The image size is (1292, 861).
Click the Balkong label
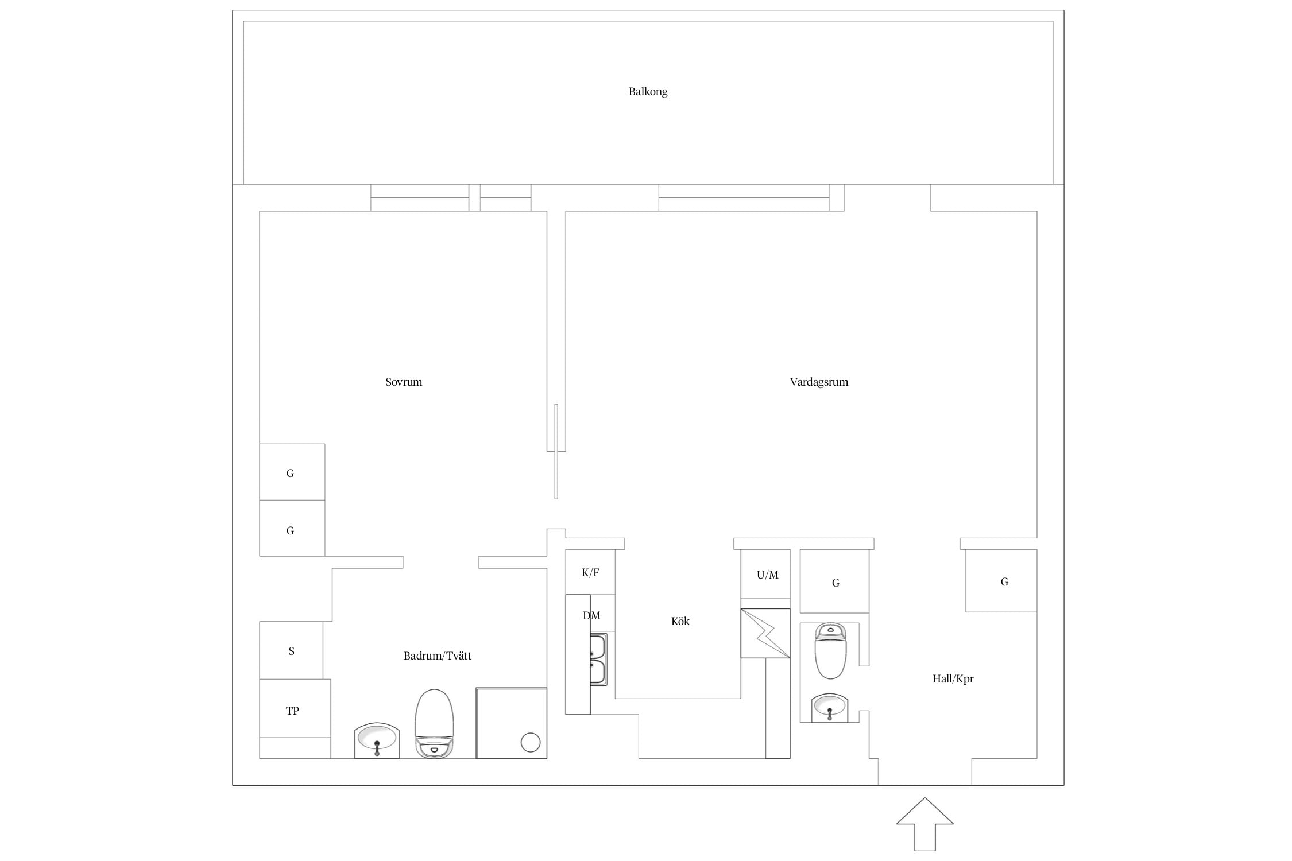648,91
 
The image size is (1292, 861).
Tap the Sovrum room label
404,382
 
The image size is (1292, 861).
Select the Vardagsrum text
819,382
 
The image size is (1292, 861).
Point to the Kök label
680,621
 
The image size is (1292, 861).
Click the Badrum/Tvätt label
438,656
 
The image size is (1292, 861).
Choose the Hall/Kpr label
953,678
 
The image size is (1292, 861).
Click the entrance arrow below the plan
925,824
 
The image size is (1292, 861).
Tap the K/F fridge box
590,572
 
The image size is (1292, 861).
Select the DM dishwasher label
591,615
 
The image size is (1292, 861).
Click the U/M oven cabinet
765,574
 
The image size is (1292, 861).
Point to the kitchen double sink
598,660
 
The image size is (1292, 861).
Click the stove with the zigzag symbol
765,633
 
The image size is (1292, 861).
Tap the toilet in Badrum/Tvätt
434,724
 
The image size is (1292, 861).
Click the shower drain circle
531,743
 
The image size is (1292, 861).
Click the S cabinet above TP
291,650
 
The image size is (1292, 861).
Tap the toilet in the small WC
830,651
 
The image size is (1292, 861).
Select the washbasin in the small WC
830,708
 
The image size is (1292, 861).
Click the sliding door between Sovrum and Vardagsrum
556,451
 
